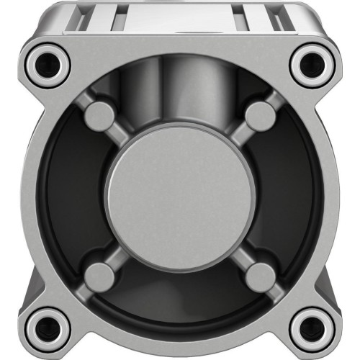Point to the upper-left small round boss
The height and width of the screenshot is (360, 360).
[x=101, y=115]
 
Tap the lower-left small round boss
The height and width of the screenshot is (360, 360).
[x=101, y=276]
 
